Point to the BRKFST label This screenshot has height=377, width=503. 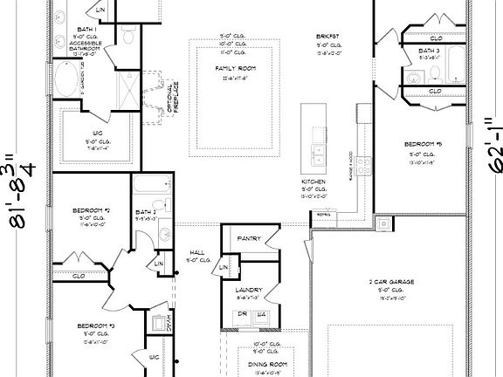327,37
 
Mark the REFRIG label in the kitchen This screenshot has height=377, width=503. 324,213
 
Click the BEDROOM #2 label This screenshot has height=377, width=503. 90,210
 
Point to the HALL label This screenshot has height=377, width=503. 197,252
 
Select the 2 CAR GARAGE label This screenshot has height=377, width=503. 390,282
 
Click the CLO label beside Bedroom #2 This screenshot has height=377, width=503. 79,275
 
